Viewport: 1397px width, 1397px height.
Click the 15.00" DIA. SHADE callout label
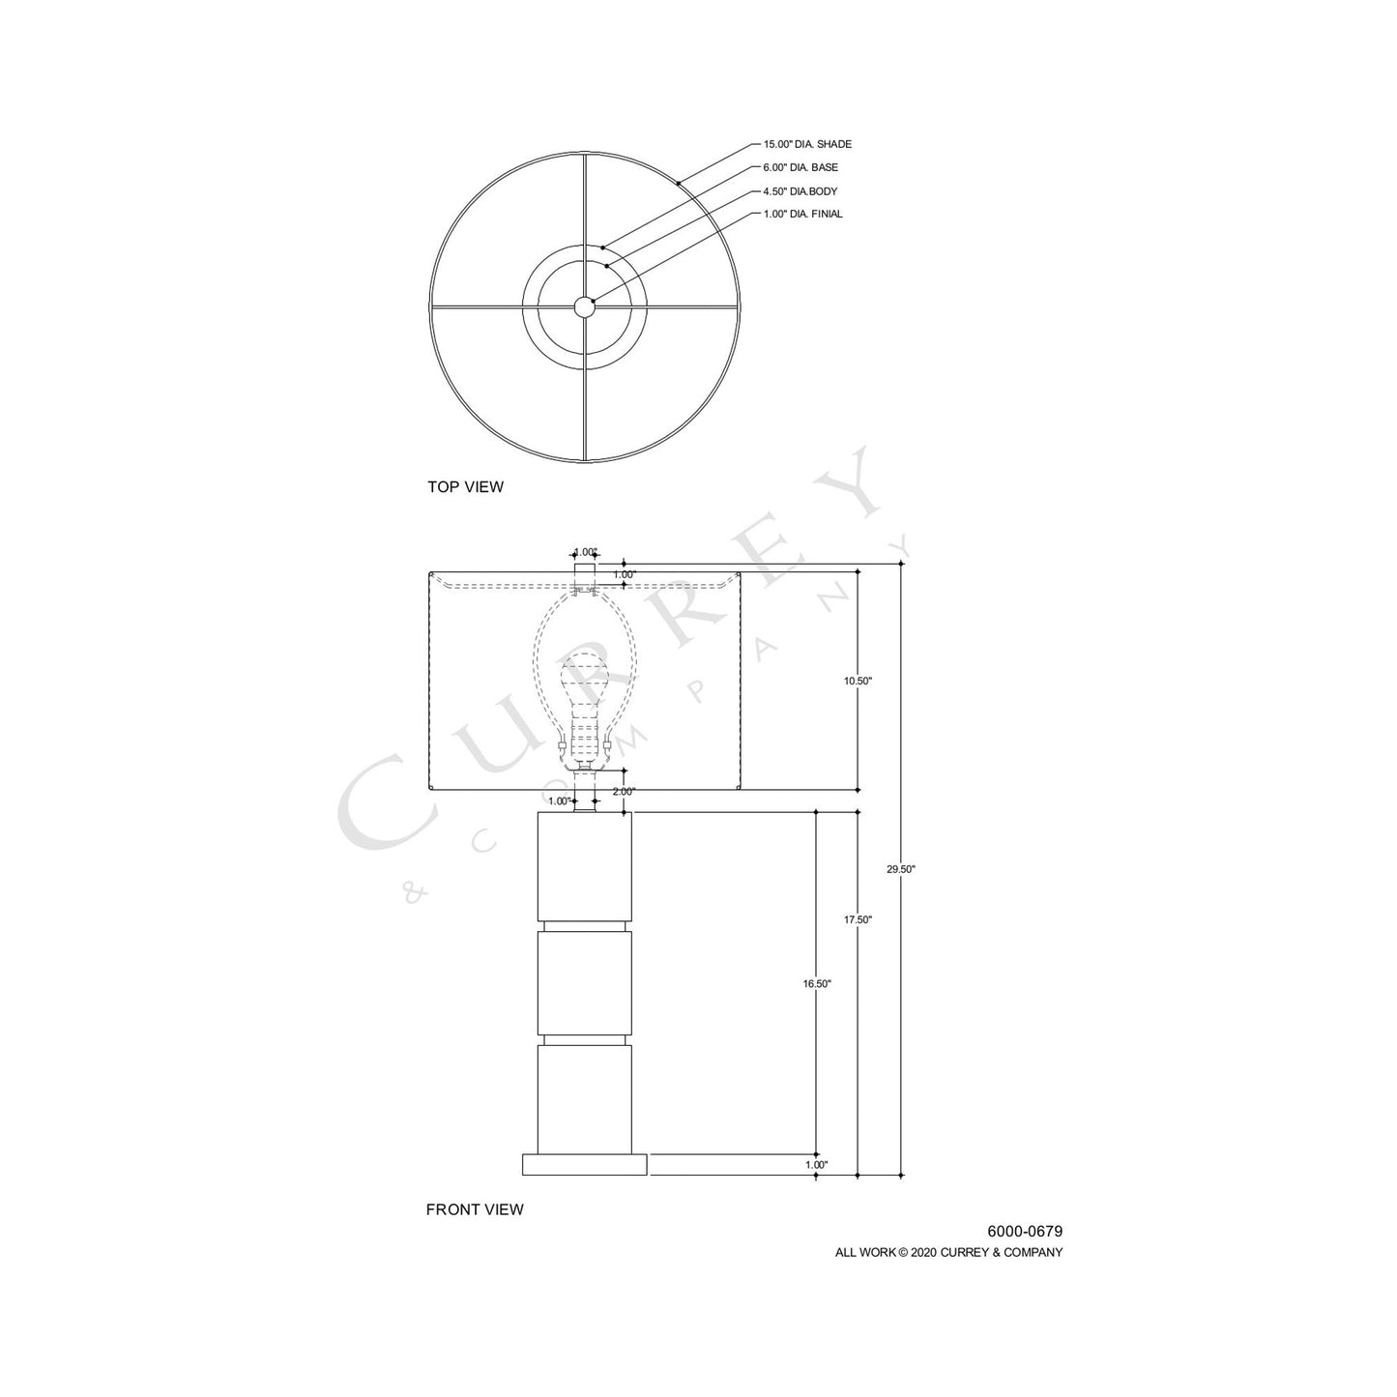[807, 144]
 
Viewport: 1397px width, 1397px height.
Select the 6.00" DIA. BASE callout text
[800, 167]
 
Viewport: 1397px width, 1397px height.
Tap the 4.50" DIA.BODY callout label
[800, 191]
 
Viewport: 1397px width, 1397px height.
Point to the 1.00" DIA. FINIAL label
[802, 214]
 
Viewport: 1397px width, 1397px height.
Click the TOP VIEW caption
[465, 487]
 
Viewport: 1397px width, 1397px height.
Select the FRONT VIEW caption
[475, 1209]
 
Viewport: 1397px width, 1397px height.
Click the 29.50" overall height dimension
[900, 869]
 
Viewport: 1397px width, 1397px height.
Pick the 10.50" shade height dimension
[858, 681]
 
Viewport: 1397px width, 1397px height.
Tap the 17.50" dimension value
[858, 919]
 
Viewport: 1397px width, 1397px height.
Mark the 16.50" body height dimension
[817, 983]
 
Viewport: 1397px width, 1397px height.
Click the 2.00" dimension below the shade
[624, 791]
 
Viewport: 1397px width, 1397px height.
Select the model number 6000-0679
[1024, 1232]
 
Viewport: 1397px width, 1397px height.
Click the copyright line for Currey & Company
[948, 1252]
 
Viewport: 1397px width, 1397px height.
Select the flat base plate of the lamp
[584, 1164]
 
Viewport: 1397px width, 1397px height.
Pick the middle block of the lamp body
[584, 982]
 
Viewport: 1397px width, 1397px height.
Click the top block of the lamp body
[584, 865]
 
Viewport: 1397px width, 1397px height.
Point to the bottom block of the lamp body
[584, 1098]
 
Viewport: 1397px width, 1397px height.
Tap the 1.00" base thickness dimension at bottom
[817, 1165]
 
